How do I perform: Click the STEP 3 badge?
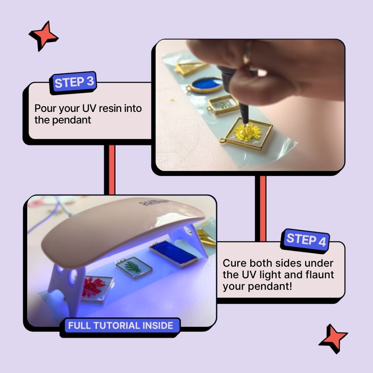pyautogui.click(x=73, y=82)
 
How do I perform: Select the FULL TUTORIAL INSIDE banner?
pyautogui.click(x=120, y=326)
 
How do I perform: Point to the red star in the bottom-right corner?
pyautogui.click(x=333, y=338)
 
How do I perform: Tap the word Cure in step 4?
pyautogui.click(x=235, y=263)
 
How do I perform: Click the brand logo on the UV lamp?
pyautogui.click(x=153, y=203)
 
